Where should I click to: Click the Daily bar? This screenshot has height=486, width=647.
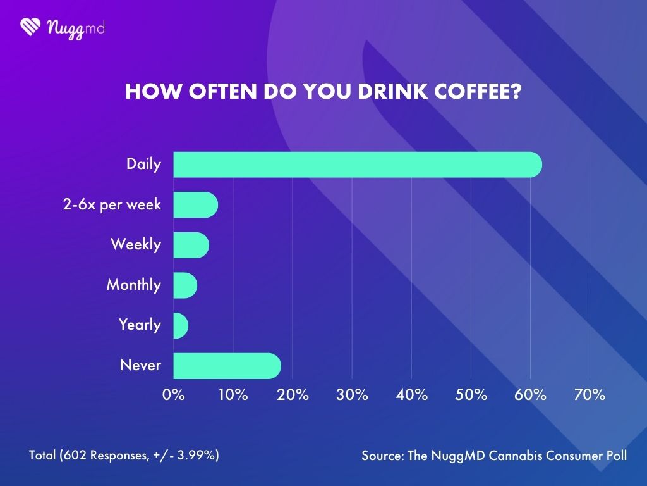tap(357, 165)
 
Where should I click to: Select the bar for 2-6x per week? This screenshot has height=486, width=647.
tap(195, 205)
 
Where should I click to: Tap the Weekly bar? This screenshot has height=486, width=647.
tap(191, 245)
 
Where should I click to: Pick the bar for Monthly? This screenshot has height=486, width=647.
tap(185, 285)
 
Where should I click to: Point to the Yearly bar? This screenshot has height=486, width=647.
tap(181, 325)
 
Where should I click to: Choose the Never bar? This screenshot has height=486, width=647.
tap(227, 366)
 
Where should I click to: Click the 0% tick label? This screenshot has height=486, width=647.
tap(174, 395)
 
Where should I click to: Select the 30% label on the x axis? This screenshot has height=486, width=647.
tap(352, 395)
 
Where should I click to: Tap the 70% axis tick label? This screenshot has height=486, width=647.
tap(590, 395)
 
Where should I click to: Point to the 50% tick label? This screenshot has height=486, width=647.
tap(471, 395)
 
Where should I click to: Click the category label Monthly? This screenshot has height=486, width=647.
tap(133, 285)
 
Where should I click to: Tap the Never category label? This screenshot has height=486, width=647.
tap(140, 366)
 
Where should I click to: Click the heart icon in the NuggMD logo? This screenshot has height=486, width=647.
tap(30, 27)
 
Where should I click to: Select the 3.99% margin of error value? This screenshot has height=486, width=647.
tap(198, 456)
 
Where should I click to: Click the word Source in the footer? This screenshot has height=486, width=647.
tap(381, 456)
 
